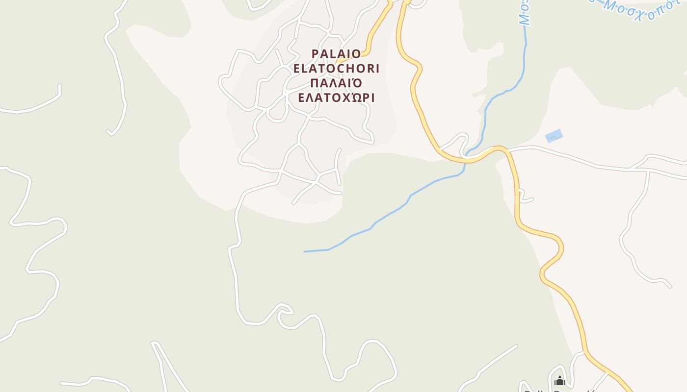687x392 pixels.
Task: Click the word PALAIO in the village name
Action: [336, 53]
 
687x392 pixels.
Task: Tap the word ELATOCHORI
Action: [336, 68]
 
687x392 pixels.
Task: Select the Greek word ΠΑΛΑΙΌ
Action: [336, 82]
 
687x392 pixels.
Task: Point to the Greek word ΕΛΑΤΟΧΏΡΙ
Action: [336, 98]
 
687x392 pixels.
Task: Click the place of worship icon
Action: [559, 381]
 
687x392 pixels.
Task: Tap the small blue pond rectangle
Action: [554, 136]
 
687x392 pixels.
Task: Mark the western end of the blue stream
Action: [305, 251]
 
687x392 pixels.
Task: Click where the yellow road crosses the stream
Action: [465, 160]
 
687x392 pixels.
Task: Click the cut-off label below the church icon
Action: [559, 390]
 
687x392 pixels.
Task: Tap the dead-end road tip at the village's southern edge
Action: [294, 203]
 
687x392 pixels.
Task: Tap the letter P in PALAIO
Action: [316, 53]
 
